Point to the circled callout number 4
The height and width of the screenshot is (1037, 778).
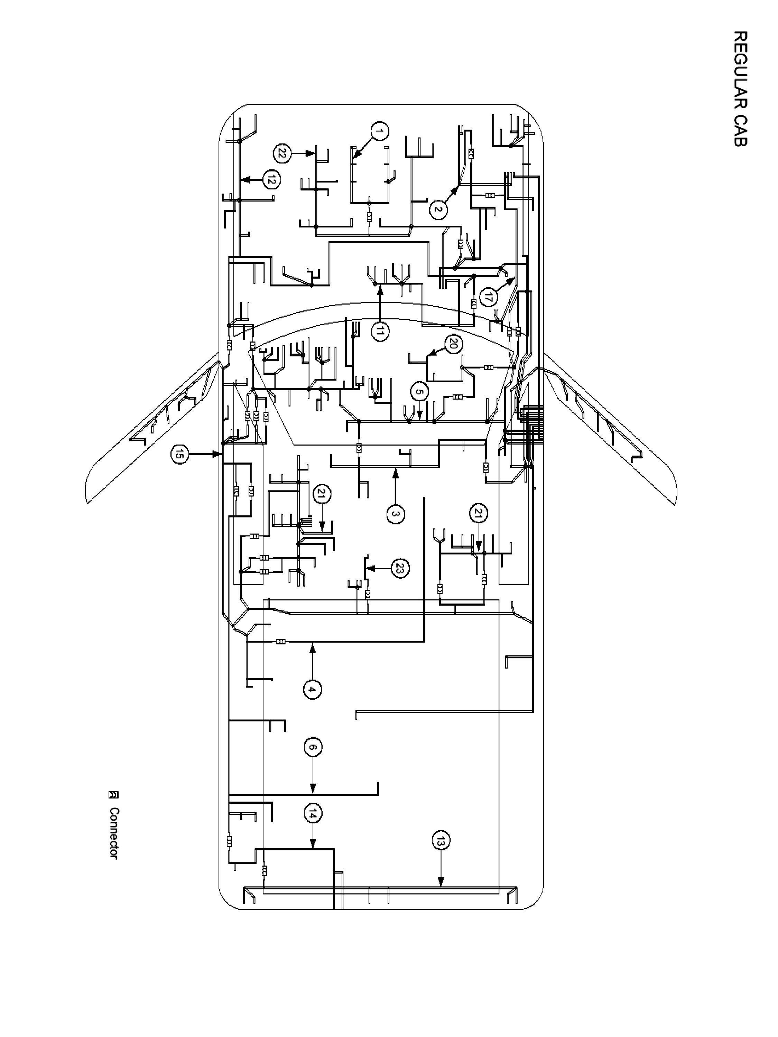point(312,690)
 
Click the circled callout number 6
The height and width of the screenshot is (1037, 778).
point(313,747)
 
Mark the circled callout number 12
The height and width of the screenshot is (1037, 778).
point(271,179)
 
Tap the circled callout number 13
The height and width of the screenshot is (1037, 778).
point(440,841)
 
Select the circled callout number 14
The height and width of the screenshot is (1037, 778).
point(313,814)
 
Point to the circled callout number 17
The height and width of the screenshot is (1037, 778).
point(489,297)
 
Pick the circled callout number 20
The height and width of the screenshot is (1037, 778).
point(453,345)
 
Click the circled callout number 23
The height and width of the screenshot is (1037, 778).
point(399,569)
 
